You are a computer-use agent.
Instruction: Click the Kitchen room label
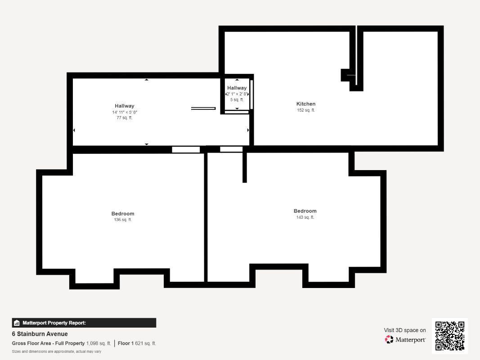click(x=306, y=104)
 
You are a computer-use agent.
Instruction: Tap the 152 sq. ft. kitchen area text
click(x=306, y=110)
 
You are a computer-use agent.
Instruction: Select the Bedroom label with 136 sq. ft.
click(x=123, y=214)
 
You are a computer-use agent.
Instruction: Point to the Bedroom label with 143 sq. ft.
click(x=305, y=211)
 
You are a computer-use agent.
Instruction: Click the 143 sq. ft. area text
click(x=305, y=217)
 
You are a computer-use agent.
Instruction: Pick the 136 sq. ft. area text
click(x=123, y=220)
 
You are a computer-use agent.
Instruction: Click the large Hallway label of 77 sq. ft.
click(x=125, y=106)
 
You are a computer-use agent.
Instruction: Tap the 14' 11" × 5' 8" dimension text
click(x=125, y=112)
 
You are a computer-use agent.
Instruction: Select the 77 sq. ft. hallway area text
click(x=125, y=118)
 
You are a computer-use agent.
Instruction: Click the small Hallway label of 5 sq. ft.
click(x=237, y=88)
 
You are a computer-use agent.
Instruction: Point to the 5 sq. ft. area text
click(x=237, y=100)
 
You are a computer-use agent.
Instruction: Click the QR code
click(x=450, y=336)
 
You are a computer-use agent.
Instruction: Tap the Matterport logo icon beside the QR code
click(x=389, y=339)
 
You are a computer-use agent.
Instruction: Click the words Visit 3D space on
click(x=405, y=330)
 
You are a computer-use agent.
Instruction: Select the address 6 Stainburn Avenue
click(x=40, y=334)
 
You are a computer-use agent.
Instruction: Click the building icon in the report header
click(x=17, y=323)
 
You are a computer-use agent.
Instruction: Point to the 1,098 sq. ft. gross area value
click(x=99, y=343)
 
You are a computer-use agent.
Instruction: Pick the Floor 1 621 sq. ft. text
click(x=137, y=343)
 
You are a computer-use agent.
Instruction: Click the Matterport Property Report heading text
click(x=54, y=323)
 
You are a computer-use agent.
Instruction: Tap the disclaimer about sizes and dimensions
click(x=57, y=352)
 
